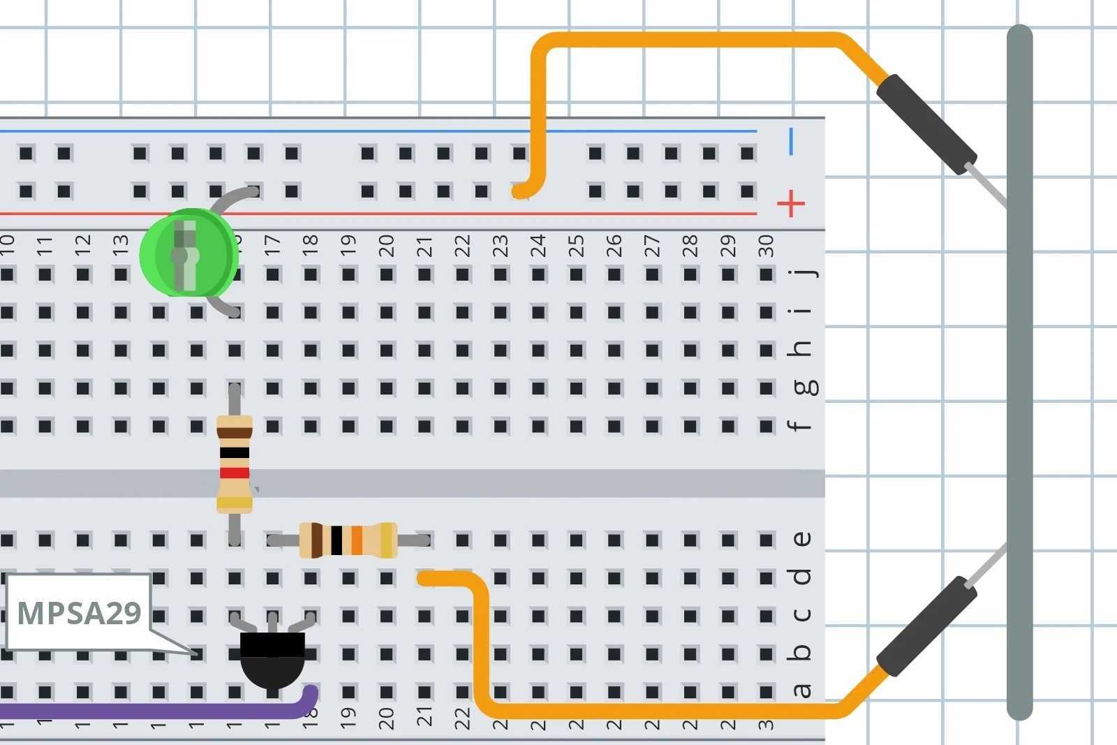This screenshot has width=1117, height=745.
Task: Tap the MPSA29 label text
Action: pyautogui.click(x=79, y=612)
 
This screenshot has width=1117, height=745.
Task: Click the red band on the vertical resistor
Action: pyautogui.click(x=235, y=473)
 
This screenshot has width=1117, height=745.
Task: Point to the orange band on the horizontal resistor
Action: pyautogui.click(x=357, y=540)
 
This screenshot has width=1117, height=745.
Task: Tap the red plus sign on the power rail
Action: pyautogui.click(x=791, y=203)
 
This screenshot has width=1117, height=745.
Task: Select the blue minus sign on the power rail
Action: pyautogui.click(x=791, y=142)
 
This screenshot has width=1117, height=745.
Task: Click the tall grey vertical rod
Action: pyautogui.click(x=1019, y=370)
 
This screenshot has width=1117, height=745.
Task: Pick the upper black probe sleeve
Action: pyautogui.click(x=926, y=124)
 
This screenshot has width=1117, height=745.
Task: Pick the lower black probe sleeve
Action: pyautogui.click(x=926, y=626)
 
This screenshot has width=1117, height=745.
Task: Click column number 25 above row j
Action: pyautogui.click(x=576, y=246)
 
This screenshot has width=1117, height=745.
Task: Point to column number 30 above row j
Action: pyautogui.click(x=766, y=246)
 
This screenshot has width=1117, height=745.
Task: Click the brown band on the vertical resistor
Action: pyautogui.click(x=235, y=433)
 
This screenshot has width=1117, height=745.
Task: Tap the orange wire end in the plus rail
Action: pyautogui.click(x=520, y=191)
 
